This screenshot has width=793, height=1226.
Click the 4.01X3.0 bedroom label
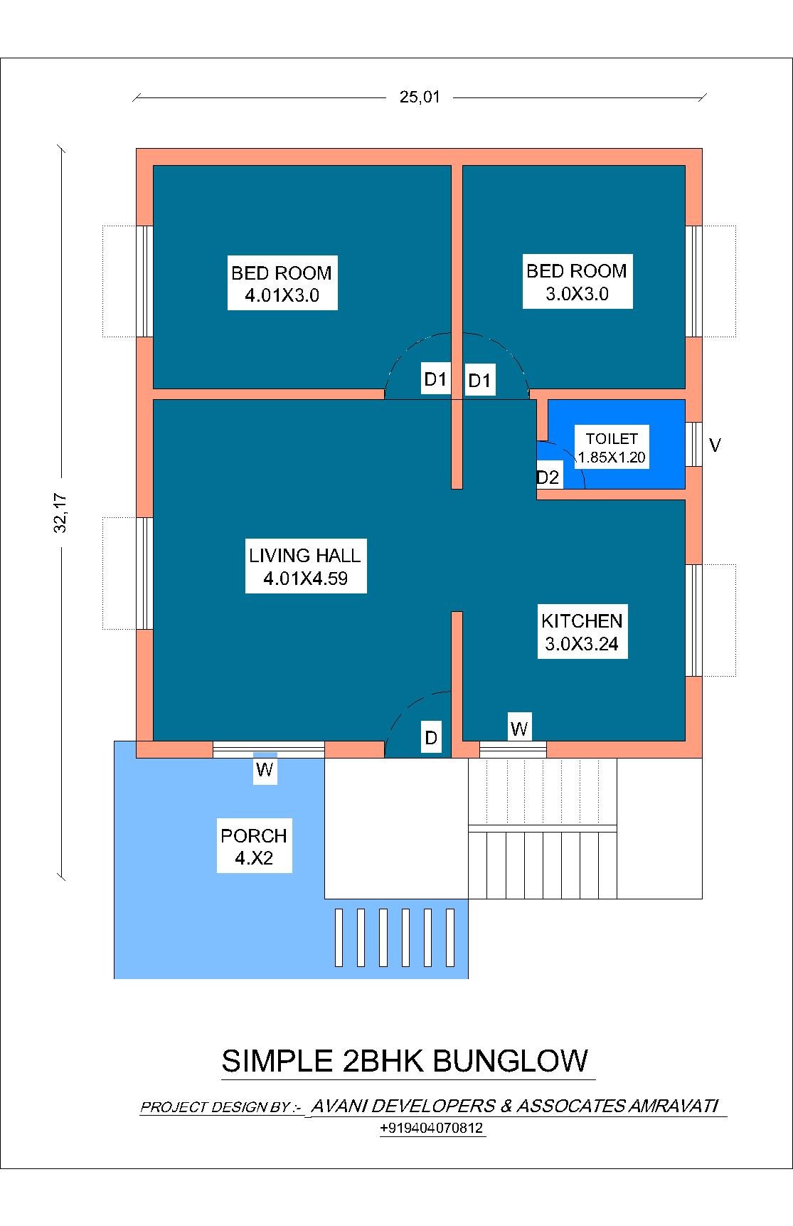click(x=282, y=284)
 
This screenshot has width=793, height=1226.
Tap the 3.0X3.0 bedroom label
click(x=577, y=282)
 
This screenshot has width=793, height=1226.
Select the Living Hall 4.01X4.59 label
click(x=305, y=566)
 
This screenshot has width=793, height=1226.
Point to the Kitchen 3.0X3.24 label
click(x=582, y=632)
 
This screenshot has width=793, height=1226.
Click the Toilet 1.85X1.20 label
click(x=612, y=448)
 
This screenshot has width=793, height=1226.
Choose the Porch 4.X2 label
click(x=254, y=846)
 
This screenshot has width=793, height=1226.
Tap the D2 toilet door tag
click(x=548, y=477)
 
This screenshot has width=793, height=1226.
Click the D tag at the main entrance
click(x=431, y=738)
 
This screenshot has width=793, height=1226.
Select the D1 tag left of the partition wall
click(x=435, y=379)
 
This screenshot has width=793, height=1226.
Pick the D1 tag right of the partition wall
click(x=479, y=381)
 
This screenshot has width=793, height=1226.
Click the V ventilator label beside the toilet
click(x=715, y=445)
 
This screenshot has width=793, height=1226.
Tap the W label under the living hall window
click(x=265, y=770)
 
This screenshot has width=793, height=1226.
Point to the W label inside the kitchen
click(x=519, y=729)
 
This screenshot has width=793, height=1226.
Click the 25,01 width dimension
click(x=420, y=97)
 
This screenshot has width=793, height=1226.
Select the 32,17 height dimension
click(x=60, y=512)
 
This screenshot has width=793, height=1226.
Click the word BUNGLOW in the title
click(x=510, y=1061)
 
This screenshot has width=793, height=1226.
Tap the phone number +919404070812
click(x=432, y=1129)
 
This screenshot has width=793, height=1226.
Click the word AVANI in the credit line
click(x=339, y=1106)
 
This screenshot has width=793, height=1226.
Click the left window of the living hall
click(x=145, y=573)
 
